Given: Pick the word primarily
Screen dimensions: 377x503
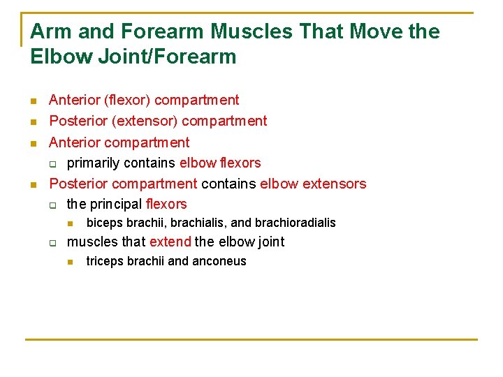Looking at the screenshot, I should pyautogui.click(x=94, y=163).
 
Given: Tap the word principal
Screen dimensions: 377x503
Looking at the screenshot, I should pyautogui.click(x=117, y=205).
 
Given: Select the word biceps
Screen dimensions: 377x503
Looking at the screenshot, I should pyautogui.click(x=103, y=223).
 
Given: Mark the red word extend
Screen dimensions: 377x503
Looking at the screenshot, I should pyautogui.click(x=170, y=242).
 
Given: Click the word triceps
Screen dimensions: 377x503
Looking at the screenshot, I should pyautogui.click(x=105, y=262).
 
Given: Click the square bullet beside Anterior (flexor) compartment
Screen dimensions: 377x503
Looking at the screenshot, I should pyautogui.click(x=34, y=101).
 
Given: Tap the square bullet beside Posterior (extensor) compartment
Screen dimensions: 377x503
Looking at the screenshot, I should pyautogui.click(x=34, y=122).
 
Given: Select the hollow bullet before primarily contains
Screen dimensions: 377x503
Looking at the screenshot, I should pyautogui.click(x=52, y=164).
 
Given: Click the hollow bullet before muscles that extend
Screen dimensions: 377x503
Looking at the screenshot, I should pyautogui.click(x=52, y=243).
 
